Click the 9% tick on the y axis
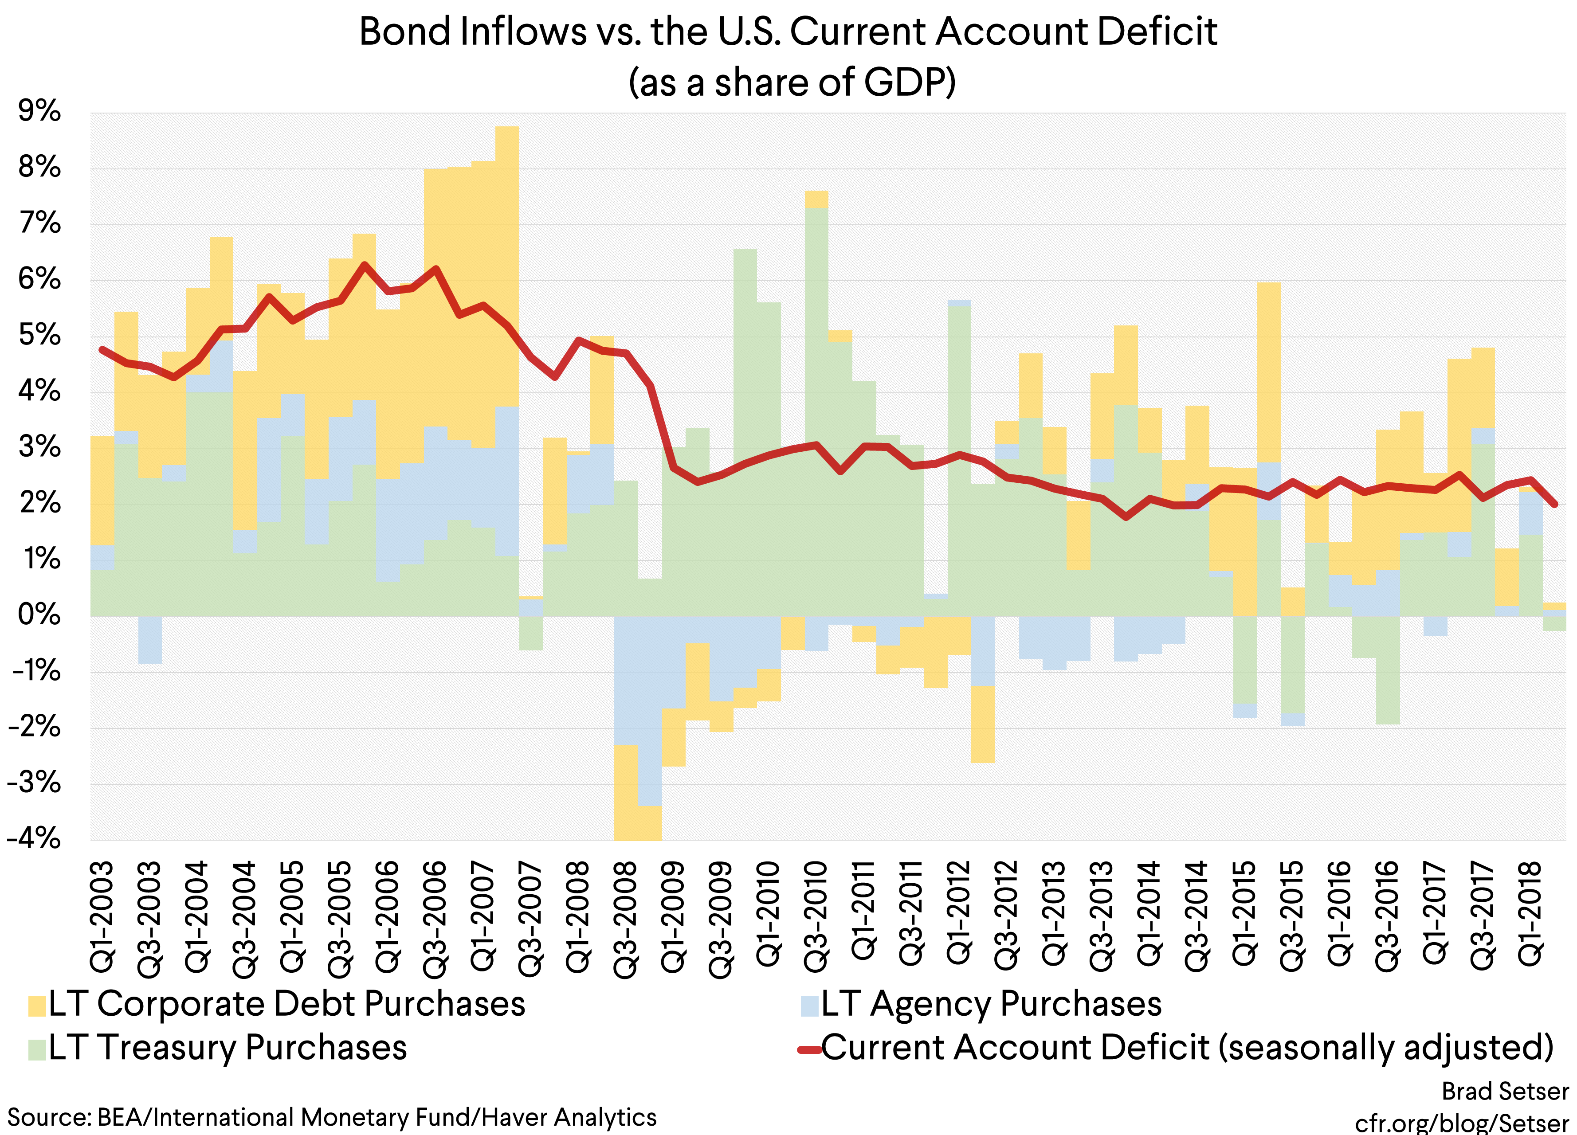39,111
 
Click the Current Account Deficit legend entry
1175,1047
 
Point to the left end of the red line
102,350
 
